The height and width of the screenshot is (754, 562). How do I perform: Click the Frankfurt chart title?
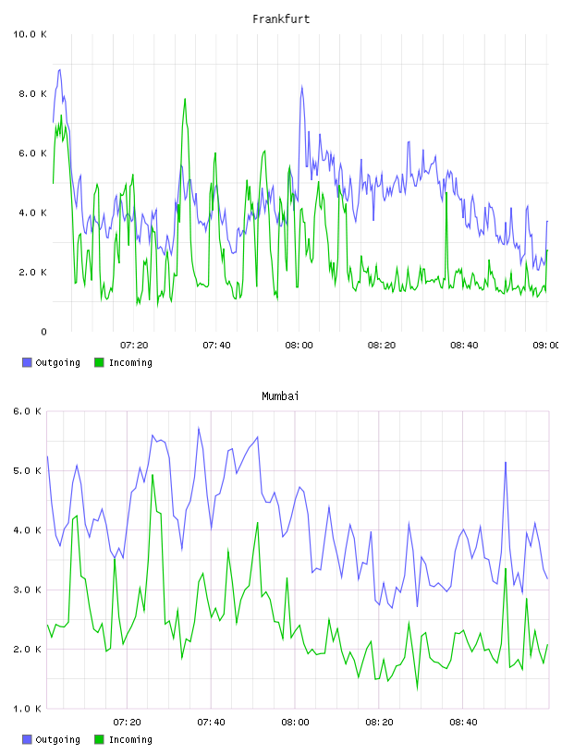(x=281, y=18)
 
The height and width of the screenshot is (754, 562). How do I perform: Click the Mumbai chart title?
(x=280, y=395)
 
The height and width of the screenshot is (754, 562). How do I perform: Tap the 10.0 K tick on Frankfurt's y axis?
(x=30, y=34)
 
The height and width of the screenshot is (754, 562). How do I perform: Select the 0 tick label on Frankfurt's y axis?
(x=43, y=332)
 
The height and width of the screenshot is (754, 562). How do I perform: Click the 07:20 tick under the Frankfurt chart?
(x=134, y=345)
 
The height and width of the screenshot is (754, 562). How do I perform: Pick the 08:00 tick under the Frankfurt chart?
(x=299, y=345)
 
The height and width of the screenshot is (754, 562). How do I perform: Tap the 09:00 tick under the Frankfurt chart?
(x=546, y=345)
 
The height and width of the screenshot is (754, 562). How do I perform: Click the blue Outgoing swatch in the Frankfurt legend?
(x=27, y=362)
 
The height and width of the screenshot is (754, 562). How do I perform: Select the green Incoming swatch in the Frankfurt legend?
(x=99, y=362)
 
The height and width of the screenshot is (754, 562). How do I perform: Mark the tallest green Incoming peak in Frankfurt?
(x=185, y=99)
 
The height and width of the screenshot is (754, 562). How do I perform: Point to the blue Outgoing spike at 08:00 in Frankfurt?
(x=301, y=87)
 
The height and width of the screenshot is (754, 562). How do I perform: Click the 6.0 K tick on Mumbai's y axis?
(x=27, y=411)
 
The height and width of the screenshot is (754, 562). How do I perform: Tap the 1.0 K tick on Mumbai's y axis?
(x=27, y=709)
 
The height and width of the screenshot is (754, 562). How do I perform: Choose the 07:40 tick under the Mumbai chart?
(x=212, y=722)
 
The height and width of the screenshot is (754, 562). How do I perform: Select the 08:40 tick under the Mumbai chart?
(x=463, y=722)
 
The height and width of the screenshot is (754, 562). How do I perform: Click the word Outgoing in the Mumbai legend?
(x=57, y=739)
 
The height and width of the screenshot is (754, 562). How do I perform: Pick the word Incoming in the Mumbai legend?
(x=130, y=739)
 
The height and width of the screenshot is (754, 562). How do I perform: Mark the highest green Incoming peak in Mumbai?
(x=153, y=475)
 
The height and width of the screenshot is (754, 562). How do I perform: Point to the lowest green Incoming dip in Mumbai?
(x=417, y=689)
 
